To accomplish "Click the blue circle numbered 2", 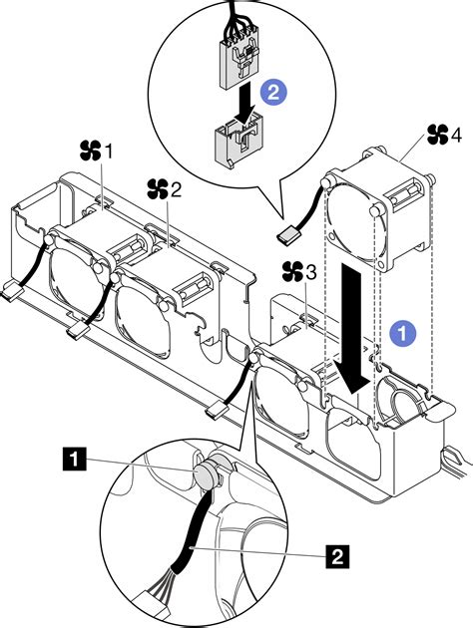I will click(272, 93).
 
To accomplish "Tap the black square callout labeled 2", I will click(340, 550).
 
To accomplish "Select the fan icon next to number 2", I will click(157, 187).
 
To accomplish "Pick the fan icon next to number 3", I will click(291, 270).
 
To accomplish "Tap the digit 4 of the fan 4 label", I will click(457, 133).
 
